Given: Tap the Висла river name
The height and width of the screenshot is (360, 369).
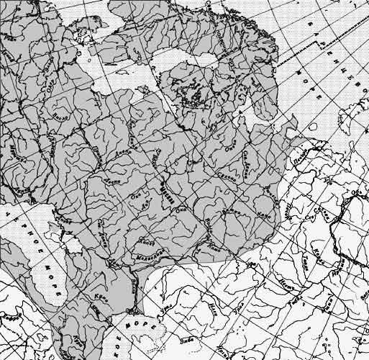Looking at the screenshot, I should [61, 116].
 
